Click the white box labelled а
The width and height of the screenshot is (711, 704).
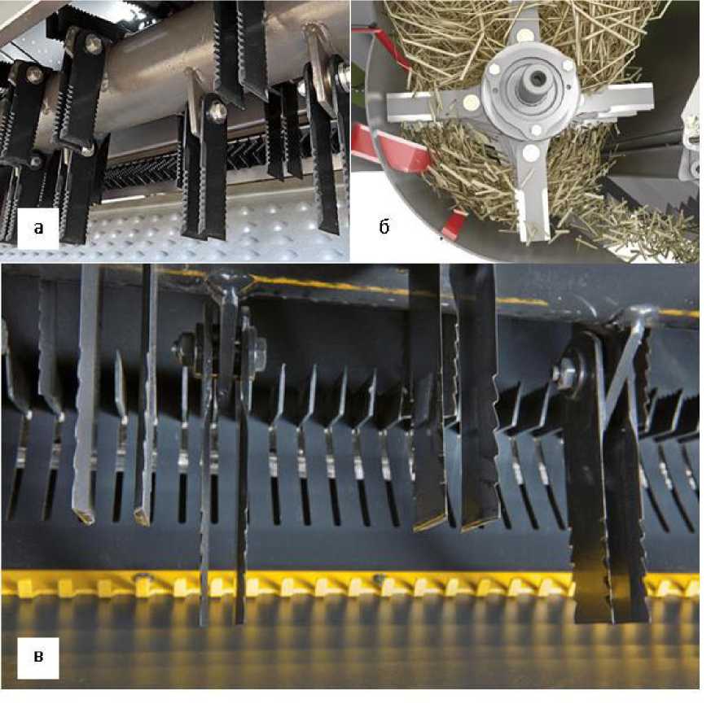[38, 229]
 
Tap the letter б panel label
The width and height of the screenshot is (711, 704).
[384, 227]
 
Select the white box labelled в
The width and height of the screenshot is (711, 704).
[38, 658]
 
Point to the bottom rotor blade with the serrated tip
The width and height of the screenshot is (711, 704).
[532, 194]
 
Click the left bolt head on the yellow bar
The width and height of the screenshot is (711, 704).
[143, 577]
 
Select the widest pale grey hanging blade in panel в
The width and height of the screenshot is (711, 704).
[86, 394]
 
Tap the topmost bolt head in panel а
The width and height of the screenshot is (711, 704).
[94, 42]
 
